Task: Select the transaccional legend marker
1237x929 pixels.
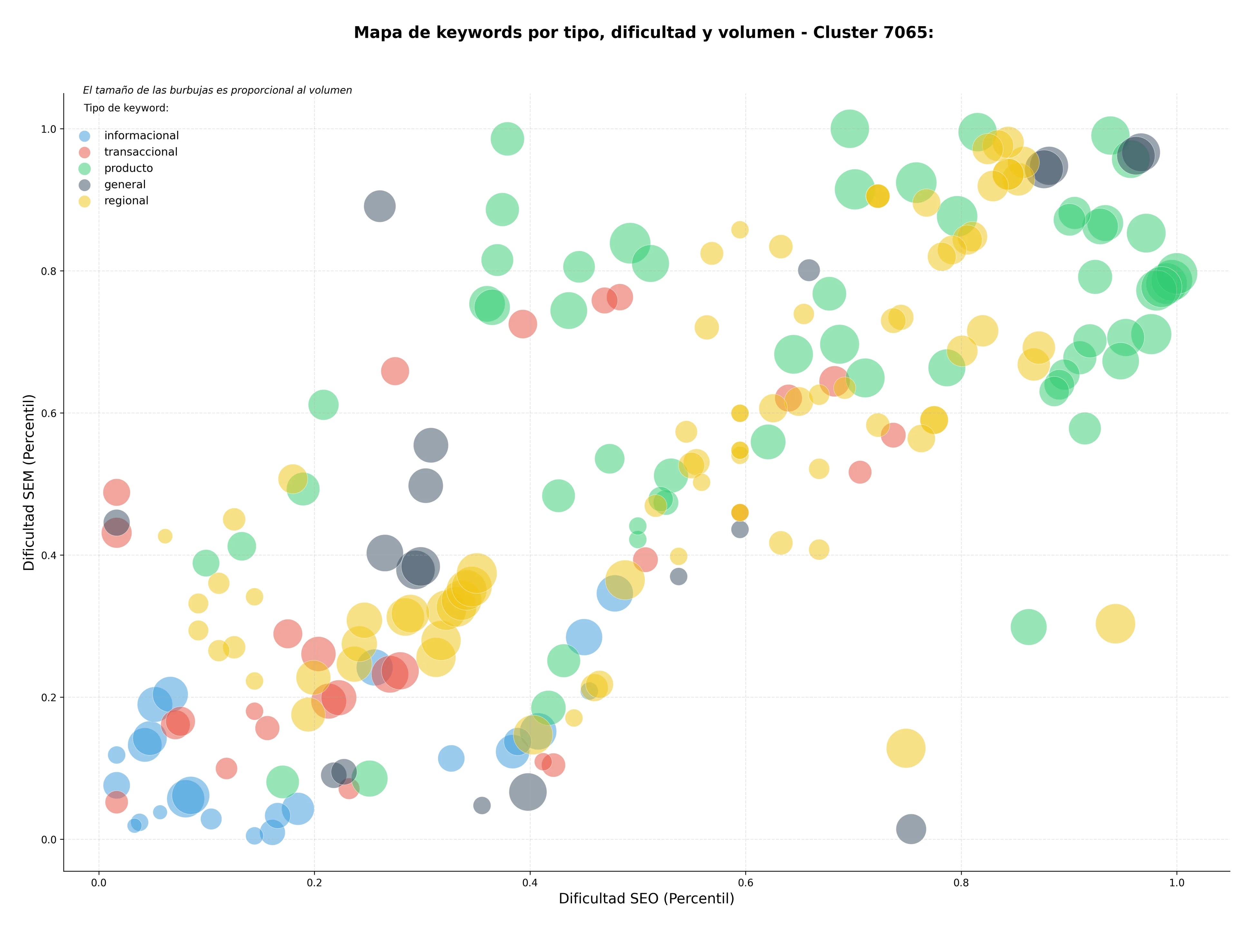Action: [84, 152]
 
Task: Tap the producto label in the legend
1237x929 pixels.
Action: [129, 168]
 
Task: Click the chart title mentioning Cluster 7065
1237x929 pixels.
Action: [644, 33]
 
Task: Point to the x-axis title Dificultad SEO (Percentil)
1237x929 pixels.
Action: [647, 898]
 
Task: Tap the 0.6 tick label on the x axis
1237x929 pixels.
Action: [745, 883]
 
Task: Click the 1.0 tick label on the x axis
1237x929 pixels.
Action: [1177, 883]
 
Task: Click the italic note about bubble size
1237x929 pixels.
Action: [217, 90]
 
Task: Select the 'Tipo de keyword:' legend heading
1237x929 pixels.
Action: [126, 108]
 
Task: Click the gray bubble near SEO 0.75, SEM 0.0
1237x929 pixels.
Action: [911, 829]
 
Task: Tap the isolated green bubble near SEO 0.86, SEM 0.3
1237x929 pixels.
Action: [1028, 627]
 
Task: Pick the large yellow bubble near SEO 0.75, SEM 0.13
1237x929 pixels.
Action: [906, 748]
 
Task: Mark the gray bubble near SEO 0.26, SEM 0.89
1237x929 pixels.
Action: [380, 206]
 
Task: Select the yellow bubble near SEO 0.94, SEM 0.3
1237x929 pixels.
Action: [1116, 624]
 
